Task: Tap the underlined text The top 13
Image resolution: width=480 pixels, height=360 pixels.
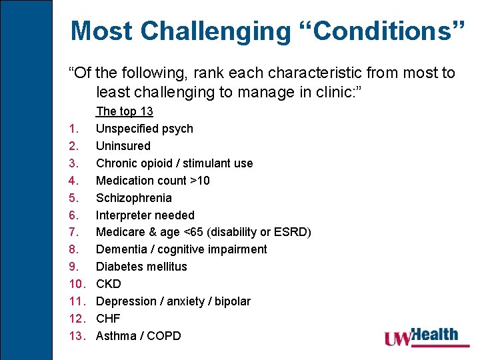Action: [x=125, y=111]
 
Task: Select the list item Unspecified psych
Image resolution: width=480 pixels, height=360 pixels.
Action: [x=145, y=129]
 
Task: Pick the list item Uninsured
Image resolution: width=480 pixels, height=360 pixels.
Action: [x=123, y=146]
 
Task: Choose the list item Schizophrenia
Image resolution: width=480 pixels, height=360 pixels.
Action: [x=134, y=198]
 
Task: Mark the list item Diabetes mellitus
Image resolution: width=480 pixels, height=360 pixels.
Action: [x=141, y=267]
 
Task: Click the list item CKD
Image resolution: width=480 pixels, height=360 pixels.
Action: [x=109, y=284]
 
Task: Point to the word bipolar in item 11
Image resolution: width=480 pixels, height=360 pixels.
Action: [x=233, y=301]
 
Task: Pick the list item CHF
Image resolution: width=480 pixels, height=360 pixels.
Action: [x=108, y=319]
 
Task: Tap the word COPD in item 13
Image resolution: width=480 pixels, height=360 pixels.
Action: [x=163, y=336]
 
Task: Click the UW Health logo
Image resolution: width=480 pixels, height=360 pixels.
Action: [x=421, y=336]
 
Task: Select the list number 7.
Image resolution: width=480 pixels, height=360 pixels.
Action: [x=74, y=232]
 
